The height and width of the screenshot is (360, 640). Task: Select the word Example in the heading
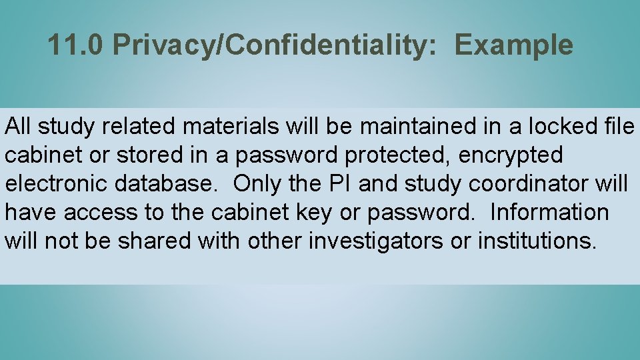pyautogui.click(x=513, y=45)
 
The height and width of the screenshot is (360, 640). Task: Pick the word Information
pyautogui.click(x=549, y=212)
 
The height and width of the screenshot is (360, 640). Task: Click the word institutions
pyautogui.click(x=537, y=241)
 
